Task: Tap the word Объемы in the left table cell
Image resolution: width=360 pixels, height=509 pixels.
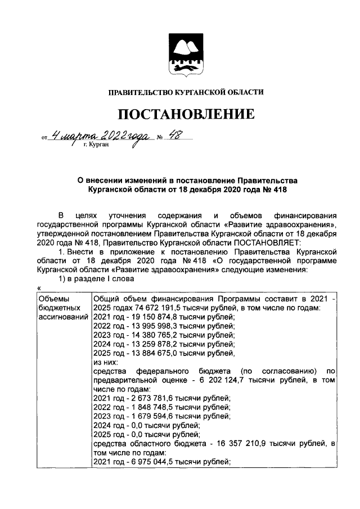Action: pos(53,299)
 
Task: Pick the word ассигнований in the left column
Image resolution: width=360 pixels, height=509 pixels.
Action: pos(63,317)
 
